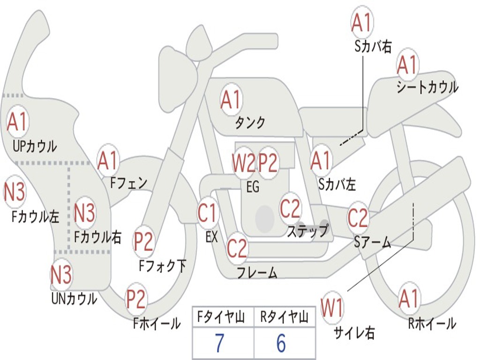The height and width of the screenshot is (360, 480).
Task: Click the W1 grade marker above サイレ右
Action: [x=331, y=307]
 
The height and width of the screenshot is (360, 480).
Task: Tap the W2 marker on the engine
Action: [x=244, y=163]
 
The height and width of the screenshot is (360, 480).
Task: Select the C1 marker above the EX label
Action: [x=208, y=212]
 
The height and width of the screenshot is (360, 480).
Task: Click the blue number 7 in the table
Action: [x=219, y=343]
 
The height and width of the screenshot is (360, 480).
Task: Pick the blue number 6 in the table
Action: [x=281, y=343]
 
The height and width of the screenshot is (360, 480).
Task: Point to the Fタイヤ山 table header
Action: [x=221, y=317]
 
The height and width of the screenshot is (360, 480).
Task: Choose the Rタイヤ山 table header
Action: [x=284, y=317]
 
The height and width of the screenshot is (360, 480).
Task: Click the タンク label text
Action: [x=250, y=123]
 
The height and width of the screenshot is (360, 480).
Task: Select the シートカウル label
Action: [x=427, y=87]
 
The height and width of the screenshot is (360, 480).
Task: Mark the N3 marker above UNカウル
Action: [x=61, y=274]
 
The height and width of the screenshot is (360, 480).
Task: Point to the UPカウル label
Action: [x=35, y=146]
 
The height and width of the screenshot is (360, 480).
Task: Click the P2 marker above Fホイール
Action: [x=136, y=299]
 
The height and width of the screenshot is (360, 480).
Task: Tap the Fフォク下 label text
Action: [x=163, y=266]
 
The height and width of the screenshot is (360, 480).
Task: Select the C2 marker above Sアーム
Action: [x=358, y=217]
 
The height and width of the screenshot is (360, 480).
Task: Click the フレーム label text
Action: [x=257, y=272]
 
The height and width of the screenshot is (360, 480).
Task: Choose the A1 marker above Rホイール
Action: [x=409, y=299]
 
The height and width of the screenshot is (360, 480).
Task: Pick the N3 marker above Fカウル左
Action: [x=15, y=192]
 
